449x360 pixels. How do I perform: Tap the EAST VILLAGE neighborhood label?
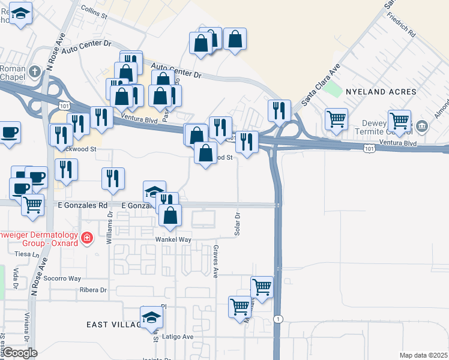(x=113, y=325)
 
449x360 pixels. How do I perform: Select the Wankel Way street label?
(x=173, y=239)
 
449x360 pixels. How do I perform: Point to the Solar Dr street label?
(x=238, y=223)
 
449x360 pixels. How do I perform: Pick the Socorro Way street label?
(x=62, y=278)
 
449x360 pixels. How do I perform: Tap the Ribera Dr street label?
(x=92, y=290)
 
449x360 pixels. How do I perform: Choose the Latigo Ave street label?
(x=179, y=337)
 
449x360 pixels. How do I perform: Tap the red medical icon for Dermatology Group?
(x=87, y=238)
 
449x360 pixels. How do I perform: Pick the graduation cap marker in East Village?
(x=151, y=316)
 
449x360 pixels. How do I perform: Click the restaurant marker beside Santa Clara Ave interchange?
(x=279, y=110)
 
